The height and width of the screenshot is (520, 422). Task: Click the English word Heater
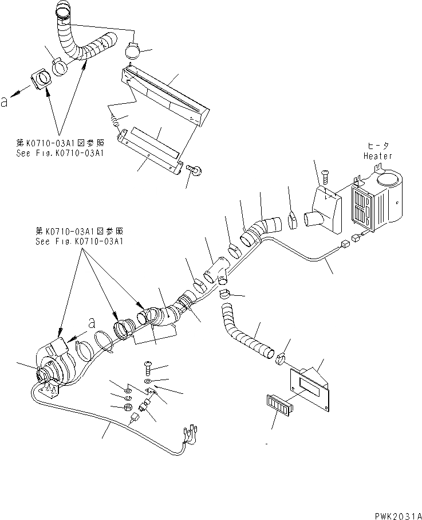[377, 155]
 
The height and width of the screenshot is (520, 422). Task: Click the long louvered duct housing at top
[165, 97]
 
